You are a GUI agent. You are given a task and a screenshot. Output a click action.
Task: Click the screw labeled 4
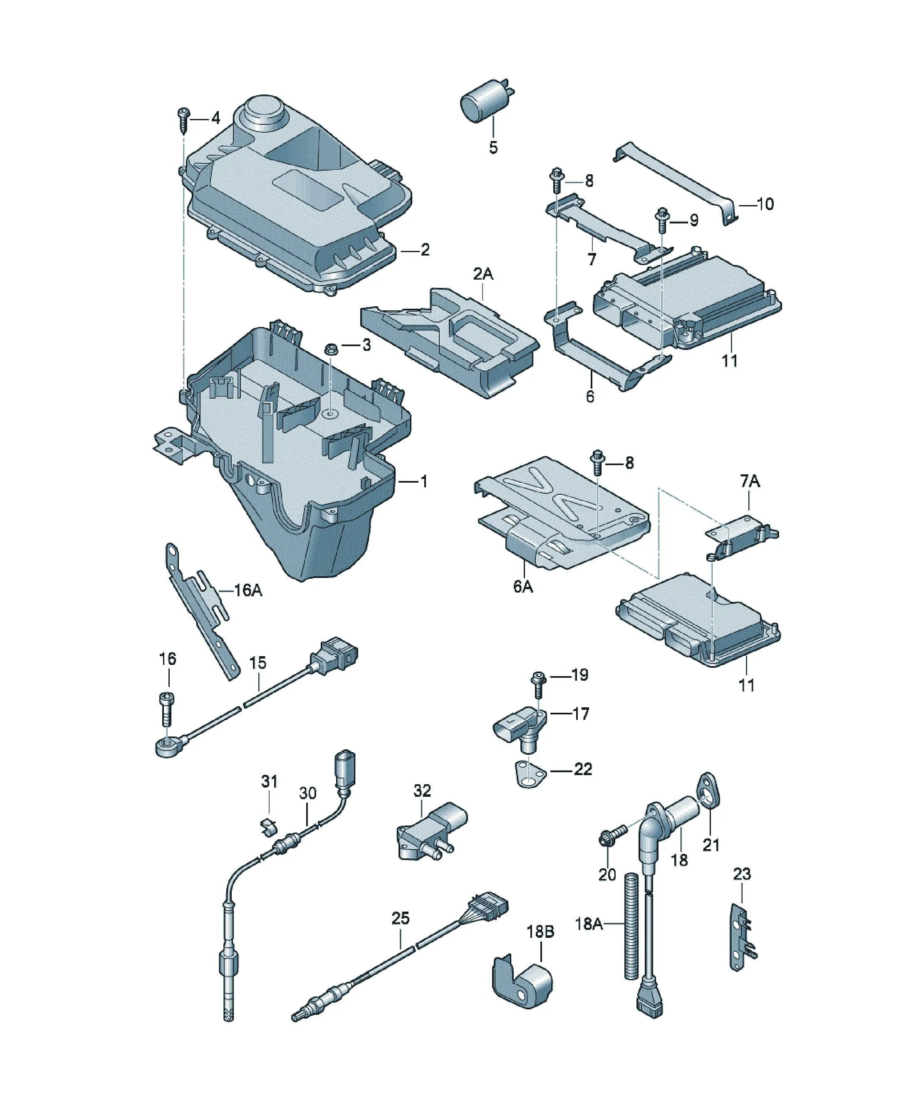point(184,120)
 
